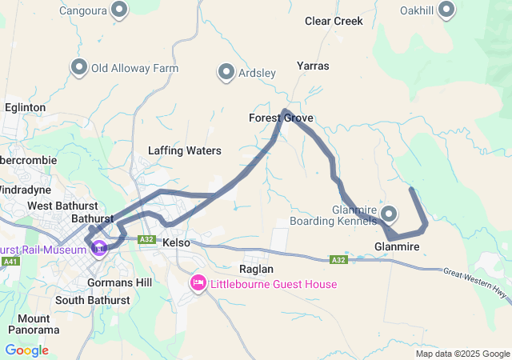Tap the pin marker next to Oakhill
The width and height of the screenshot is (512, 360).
pyautogui.click(x=447, y=10)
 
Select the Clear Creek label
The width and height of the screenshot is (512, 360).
pyautogui.click(x=334, y=21)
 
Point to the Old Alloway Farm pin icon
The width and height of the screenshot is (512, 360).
pyautogui.click(x=79, y=68)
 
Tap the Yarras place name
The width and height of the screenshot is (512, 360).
pyautogui.click(x=313, y=66)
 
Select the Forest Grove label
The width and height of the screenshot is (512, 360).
pyautogui.click(x=281, y=118)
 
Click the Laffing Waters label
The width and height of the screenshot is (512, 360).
pyautogui.click(x=184, y=150)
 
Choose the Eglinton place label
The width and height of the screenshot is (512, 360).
pyautogui.click(x=25, y=107)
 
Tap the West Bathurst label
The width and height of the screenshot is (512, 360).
pyautogui.click(x=57, y=206)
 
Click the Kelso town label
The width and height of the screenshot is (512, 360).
pyautogui.click(x=175, y=242)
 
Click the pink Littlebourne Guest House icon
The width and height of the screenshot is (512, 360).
pyautogui.click(x=198, y=283)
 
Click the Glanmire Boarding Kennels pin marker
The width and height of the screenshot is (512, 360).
pyautogui.click(x=389, y=214)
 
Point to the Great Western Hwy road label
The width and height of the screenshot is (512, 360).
pyautogui.click(x=476, y=282)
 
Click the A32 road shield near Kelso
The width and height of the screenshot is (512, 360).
pyautogui.click(x=146, y=239)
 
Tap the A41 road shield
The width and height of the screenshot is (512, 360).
pyautogui.click(x=10, y=261)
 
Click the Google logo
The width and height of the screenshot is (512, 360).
pyautogui.click(x=26, y=350)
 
